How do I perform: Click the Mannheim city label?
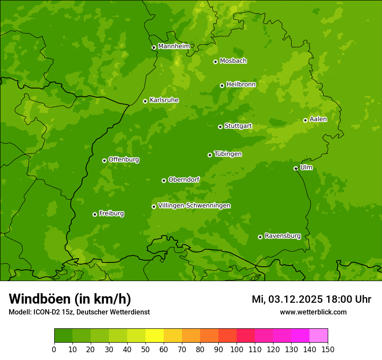(174, 46)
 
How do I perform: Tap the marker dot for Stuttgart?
(220, 127)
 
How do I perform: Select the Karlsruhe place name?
(164, 100)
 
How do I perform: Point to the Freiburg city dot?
(95, 214)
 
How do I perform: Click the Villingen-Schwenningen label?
(194, 206)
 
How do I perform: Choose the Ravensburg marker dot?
(260, 237)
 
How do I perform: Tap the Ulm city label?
(306, 167)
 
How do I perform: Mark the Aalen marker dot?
(305, 120)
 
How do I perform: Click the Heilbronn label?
(241, 85)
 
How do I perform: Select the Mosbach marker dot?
(215, 62)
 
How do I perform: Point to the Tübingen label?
(228, 154)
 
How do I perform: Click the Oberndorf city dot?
(164, 180)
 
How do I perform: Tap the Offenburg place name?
(124, 160)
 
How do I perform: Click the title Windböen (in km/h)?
(70, 299)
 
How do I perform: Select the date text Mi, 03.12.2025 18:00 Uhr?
(311, 299)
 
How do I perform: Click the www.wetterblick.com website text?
(313, 312)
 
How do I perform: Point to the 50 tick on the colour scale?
(145, 349)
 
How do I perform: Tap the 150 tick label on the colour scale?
(328, 349)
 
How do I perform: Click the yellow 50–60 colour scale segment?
(155, 336)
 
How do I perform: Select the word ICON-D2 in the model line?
(46, 312)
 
